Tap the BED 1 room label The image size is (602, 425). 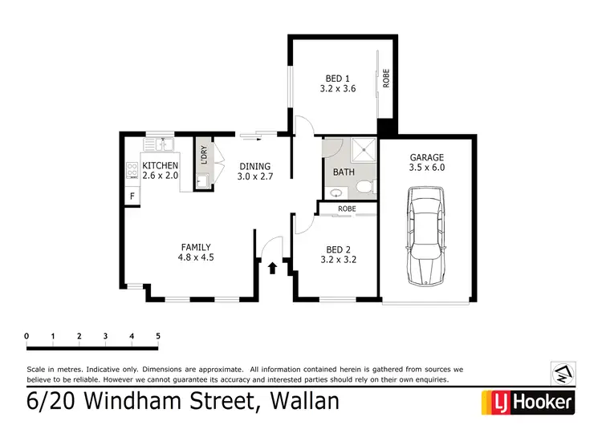click(x=337, y=83)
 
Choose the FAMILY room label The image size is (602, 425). click(x=195, y=253)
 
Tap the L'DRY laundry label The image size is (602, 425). click(x=204, y=155)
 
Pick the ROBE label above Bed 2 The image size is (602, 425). click(x=346, y=208)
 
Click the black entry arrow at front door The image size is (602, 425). click(x=273, y=267)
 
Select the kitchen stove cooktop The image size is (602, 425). click(x=131, y=170)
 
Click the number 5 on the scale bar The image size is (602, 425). click(x=158, y=335)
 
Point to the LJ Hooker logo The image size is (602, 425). click(x=527, y=402)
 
